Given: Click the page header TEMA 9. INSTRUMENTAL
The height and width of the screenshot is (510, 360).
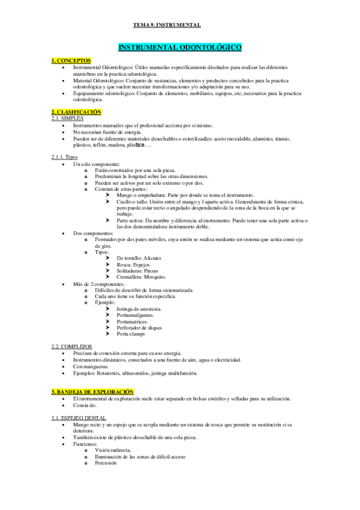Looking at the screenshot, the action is pos(166,25).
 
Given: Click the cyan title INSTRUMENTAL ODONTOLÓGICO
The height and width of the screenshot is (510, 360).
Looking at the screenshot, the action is pos(180,46).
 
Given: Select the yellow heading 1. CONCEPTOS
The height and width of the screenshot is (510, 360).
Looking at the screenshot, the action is pos(71,61).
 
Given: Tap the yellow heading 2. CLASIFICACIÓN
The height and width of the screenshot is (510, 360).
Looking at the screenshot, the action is pos(76,112).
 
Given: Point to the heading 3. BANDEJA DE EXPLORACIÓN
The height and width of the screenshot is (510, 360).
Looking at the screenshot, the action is pos(91,392).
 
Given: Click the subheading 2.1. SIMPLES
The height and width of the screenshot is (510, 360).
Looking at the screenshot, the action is pos(66,118).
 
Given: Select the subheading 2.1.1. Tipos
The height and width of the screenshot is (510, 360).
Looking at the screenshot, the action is pos(64,157).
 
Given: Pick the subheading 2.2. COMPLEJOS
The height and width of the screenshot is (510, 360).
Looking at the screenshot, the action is pos(72,347).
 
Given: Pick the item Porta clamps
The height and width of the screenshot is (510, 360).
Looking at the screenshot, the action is pos(131,334).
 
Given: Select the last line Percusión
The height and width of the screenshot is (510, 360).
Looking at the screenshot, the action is pos(105,462).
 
